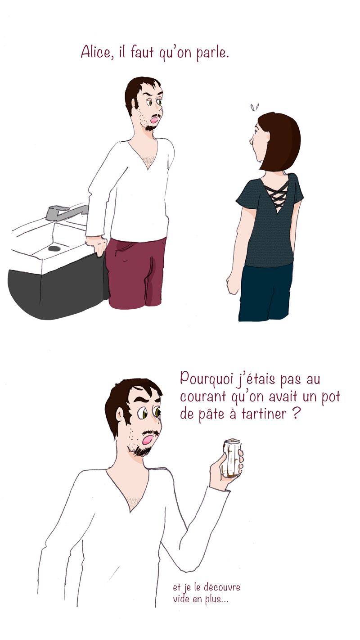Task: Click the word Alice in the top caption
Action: (96, 52)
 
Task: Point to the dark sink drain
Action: (54, 248)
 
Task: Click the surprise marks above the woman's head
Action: (255, 108)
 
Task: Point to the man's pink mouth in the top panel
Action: (154, 120)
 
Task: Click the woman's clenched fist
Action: (233, 284)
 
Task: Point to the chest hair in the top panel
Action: (149, 160)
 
